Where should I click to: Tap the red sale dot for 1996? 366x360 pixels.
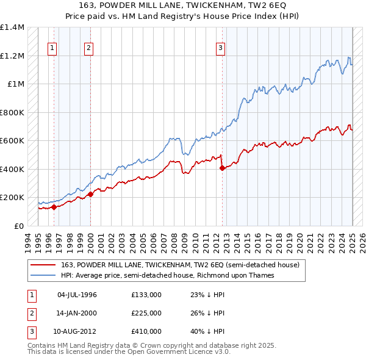[x=54, y=207]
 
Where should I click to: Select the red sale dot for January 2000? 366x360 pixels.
[x=90, y=194]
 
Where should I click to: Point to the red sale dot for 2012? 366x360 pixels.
[x=222, y=168]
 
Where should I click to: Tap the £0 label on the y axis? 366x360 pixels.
[x=19, y=226]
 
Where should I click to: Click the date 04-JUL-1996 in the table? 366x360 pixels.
[x=77, y=295]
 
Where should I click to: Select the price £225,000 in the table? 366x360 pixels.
[x=146, y=313]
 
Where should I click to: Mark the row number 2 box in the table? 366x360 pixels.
[x=30, y=313]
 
